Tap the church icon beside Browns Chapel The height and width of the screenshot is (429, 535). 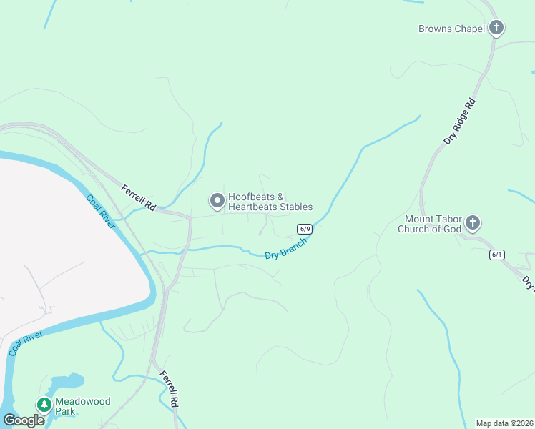coord(496,29)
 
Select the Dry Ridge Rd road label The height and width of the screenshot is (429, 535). coord(459,122)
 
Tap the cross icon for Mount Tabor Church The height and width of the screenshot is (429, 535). coord(472,224)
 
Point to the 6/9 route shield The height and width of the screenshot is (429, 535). coord(305,229)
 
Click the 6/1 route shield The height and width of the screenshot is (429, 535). coord(497,255)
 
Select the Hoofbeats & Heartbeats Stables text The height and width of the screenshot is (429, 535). coord(270,202)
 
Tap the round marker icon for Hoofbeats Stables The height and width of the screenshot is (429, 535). coord(216,200)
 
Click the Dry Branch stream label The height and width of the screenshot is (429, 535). coord(285,249)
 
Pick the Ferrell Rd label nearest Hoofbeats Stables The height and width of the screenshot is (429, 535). coord(138,197)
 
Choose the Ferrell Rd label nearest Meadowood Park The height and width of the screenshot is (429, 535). coord(169,388)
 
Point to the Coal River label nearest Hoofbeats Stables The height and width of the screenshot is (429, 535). coord(100,212)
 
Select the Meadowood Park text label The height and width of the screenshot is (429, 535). coord(84,406)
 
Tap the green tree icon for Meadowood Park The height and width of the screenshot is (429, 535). coord(44,405)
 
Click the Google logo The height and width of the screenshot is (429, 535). coord(24,420)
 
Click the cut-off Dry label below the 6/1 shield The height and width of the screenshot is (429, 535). coord(528,283)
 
